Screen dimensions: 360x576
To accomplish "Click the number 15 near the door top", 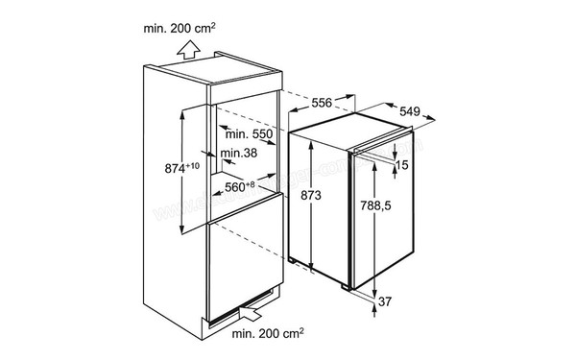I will coord(403,165).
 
